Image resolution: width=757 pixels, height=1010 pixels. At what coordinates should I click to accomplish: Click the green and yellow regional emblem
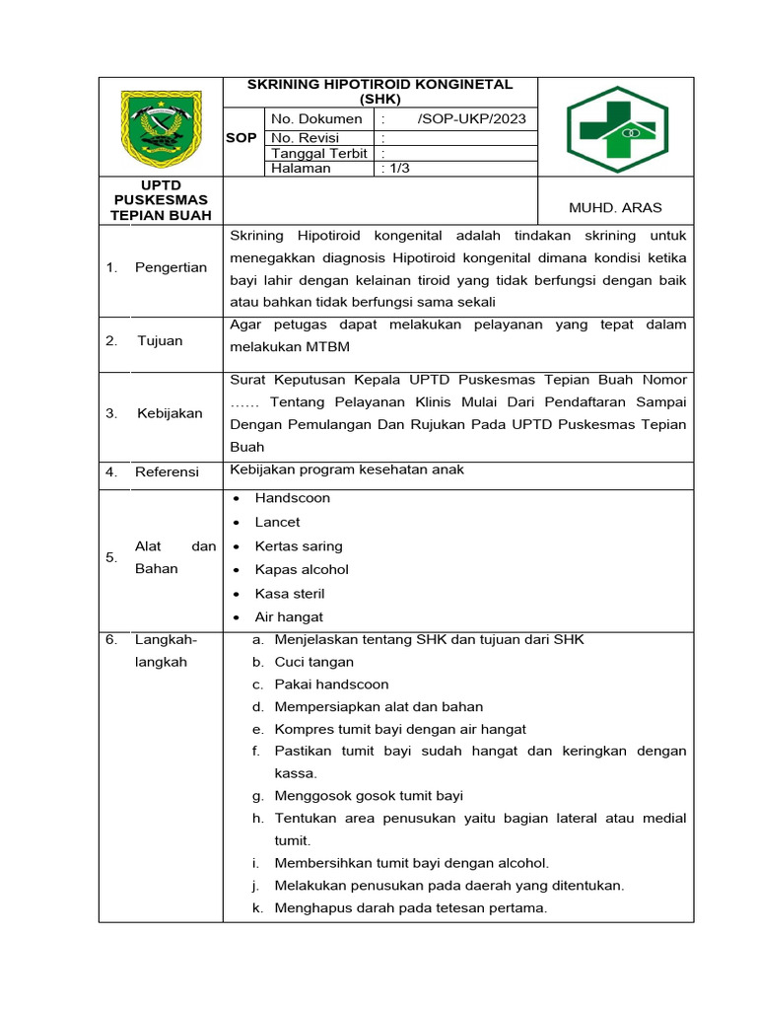tap(161, 129)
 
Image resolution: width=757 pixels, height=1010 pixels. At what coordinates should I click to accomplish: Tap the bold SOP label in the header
tap(241, 137)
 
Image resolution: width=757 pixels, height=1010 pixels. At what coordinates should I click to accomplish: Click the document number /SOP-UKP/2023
tap(471, 119)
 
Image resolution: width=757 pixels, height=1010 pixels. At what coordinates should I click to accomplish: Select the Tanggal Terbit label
tap(319, 153)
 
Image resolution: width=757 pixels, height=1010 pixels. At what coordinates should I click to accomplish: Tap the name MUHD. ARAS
tap(615, 207)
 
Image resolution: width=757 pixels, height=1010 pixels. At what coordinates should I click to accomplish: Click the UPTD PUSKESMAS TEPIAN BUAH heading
tap(161, 200)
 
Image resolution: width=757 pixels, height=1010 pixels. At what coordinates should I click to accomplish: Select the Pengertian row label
tap(171, 267)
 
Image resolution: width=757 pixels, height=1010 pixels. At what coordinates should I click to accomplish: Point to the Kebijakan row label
tap(169, 413)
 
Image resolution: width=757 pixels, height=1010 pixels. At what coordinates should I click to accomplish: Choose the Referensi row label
tap(167, 471)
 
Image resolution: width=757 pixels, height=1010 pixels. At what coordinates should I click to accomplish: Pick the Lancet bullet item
tap(277, 522)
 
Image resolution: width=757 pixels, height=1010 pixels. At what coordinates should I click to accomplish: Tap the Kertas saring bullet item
tap(299, 545)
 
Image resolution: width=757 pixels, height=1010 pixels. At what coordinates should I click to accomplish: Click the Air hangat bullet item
tap(289, 617)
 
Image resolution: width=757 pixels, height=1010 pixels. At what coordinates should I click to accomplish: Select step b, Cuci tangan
tap(313, 662)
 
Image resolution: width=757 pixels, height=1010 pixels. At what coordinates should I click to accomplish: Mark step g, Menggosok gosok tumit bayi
tap(368, 796)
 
